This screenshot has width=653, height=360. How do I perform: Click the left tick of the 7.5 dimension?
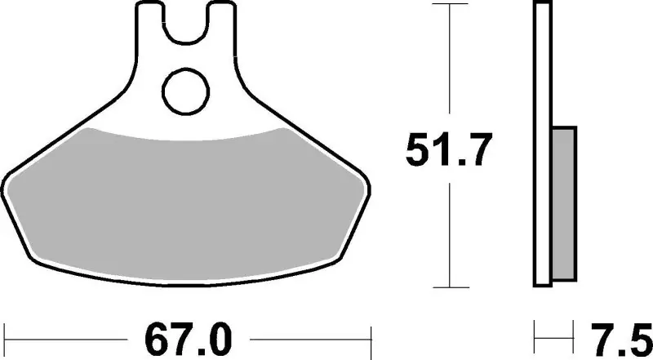(x=535, y=336)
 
